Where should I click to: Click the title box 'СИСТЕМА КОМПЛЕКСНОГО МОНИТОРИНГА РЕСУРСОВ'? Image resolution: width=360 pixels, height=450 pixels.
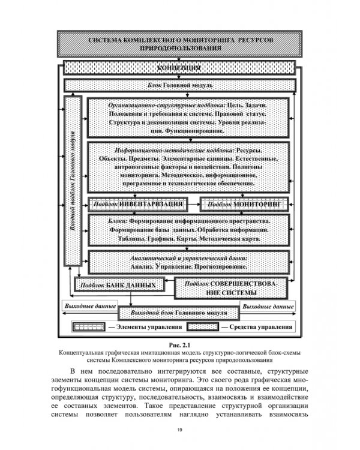pos(180,43)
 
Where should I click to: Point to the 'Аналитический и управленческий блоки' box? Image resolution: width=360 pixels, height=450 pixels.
pos(190,262)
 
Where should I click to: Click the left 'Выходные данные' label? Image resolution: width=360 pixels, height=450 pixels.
pos(86,306)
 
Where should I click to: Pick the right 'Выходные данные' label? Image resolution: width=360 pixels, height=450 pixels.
pos(268,306)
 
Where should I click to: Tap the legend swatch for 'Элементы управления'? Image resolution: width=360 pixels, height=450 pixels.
pos(88,328)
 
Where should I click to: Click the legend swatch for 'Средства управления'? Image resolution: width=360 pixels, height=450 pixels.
pos(203,328)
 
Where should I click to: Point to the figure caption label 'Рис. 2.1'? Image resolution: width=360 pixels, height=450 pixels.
pos(180,344)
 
